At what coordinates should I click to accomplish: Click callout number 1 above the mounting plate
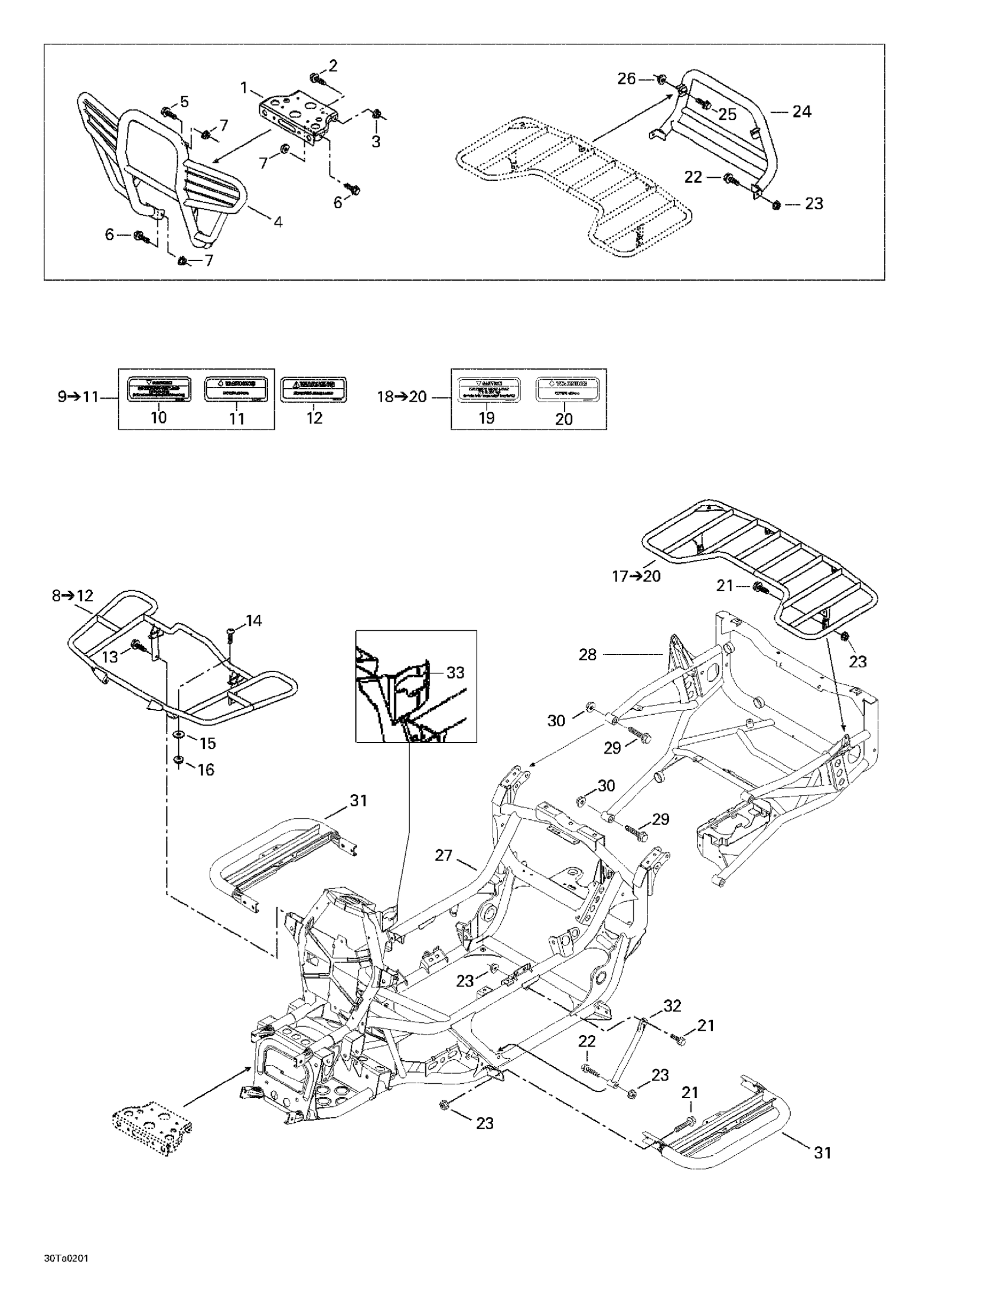243,87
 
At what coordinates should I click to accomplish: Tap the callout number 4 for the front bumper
278,222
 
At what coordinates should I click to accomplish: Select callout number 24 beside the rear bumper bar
801,111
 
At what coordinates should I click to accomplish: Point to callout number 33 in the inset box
455,672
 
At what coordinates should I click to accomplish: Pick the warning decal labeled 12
314,390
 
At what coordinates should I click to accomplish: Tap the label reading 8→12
73,595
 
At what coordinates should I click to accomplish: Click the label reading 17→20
636,576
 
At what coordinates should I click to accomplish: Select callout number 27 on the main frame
444,855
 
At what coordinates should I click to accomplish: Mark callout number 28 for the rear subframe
588,654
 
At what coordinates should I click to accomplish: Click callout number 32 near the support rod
672,1005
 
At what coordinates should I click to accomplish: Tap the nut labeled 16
178,760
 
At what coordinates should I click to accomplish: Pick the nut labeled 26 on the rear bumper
661,79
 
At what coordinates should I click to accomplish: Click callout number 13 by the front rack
111,656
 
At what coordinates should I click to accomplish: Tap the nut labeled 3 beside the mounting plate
376,115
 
